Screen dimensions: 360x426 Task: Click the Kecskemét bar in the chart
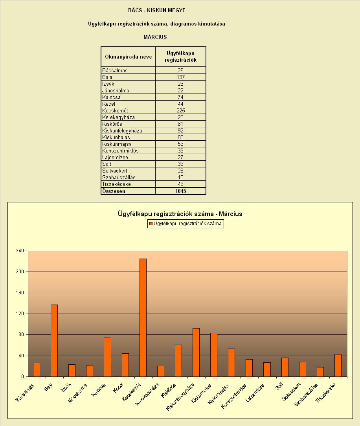coord(143,318)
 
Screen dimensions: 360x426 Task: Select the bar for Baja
coord(54,341)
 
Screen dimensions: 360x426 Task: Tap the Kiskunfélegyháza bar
coord(196,353)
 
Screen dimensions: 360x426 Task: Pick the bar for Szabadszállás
coord(320,372)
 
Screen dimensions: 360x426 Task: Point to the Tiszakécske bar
coord(338,365)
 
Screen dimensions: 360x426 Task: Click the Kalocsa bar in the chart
coord(108,357)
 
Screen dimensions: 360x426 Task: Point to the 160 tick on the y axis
coord(20,293)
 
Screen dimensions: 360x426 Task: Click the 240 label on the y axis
coord(20,250)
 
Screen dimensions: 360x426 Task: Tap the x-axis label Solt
coord(279,386)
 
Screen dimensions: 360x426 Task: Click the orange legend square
coord(151,224)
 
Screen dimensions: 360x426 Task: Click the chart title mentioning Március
coord(180,214)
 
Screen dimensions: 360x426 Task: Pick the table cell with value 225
coord(181,110)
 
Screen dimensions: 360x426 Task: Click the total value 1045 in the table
coord(181,191)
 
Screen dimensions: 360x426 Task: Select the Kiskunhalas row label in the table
coord(116,137)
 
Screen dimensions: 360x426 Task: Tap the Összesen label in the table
coord(114,191)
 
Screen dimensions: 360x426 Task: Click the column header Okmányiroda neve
coord(128,57)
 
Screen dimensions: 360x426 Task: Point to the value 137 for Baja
coord(181,77)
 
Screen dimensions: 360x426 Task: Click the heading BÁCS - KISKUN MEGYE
coord(157,10)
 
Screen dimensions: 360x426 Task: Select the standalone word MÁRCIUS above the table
coord(155,37)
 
